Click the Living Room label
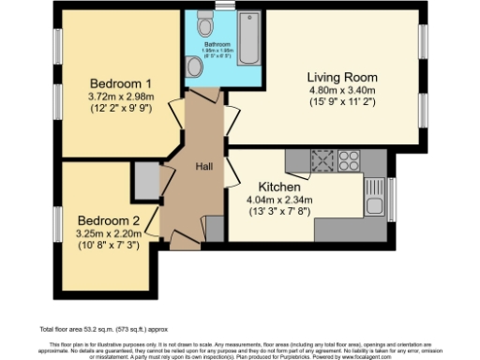coord(342,77)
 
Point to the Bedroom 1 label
coord(121,82)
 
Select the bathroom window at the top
coord(222,6)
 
